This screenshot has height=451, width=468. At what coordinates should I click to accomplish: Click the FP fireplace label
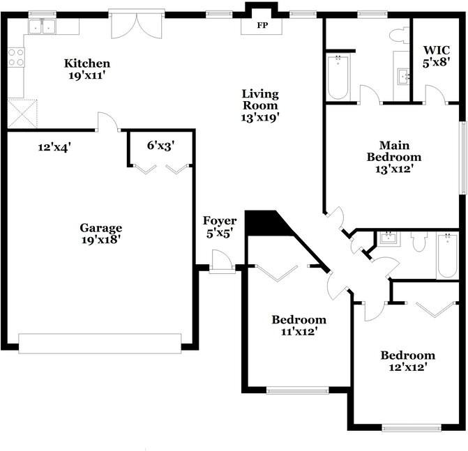(262, 25)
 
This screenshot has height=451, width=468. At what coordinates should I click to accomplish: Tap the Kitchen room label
(87, 63)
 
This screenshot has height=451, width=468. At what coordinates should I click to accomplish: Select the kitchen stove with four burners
(16, 57)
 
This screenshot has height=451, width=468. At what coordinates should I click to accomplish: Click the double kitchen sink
(42, 26)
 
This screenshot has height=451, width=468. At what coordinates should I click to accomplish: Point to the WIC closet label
(437, 49)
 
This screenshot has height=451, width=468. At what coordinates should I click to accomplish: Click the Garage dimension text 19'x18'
(101, 240)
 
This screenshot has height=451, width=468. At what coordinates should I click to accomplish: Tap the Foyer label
(220, 221)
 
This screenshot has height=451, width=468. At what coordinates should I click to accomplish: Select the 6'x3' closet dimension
(160, 146)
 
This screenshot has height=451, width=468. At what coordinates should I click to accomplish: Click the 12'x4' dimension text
(54, 147)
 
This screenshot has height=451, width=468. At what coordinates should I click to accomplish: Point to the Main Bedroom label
(394, 151)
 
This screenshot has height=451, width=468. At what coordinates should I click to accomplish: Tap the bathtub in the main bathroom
(338, 77)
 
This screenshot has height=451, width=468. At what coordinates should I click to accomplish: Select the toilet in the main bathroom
(400, 36)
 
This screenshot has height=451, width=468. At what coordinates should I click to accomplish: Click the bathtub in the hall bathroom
(447, 256)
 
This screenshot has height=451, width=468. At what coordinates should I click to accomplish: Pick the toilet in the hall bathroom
(418, 242)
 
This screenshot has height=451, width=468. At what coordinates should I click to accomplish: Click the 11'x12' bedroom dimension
(299, 332)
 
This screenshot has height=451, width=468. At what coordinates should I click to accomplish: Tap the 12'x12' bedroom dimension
(407, 367)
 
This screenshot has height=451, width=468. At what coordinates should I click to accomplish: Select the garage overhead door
(100, 344)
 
